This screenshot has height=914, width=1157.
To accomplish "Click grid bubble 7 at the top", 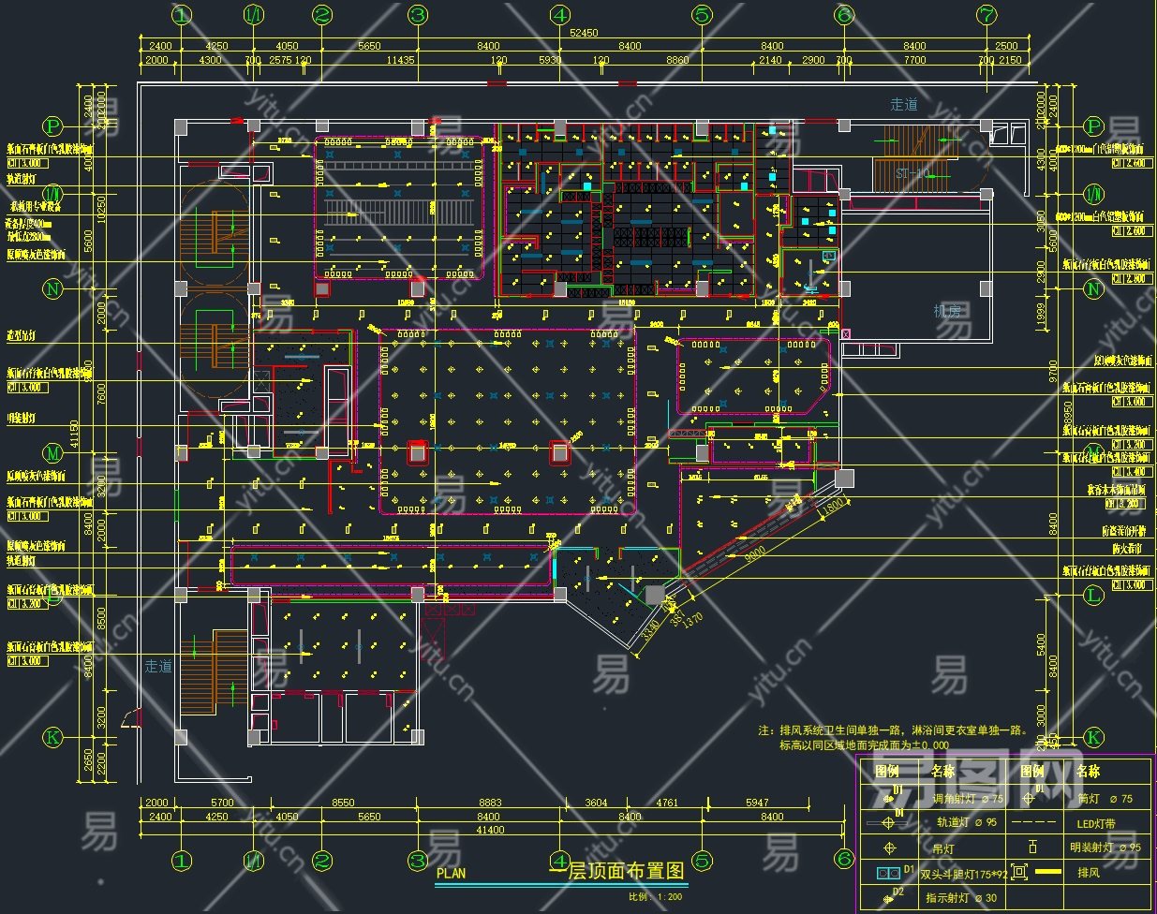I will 986,15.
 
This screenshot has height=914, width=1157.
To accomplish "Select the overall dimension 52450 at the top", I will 585,33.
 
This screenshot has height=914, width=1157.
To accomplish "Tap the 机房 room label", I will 947,310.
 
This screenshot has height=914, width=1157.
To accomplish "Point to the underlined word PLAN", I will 451,873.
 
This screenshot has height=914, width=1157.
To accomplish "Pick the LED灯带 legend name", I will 1096,824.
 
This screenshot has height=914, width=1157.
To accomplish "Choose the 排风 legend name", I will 1088,873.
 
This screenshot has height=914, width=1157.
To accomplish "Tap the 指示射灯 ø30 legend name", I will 961,898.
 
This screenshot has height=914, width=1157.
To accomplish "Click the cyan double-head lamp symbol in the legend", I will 886,873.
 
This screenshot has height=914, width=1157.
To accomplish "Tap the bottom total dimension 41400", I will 490,830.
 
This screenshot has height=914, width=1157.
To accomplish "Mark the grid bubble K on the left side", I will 53,737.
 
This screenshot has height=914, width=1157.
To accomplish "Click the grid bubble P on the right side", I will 1093,126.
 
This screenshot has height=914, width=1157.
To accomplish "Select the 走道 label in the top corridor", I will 904,105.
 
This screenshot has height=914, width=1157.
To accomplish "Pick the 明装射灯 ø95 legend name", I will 1105,848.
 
